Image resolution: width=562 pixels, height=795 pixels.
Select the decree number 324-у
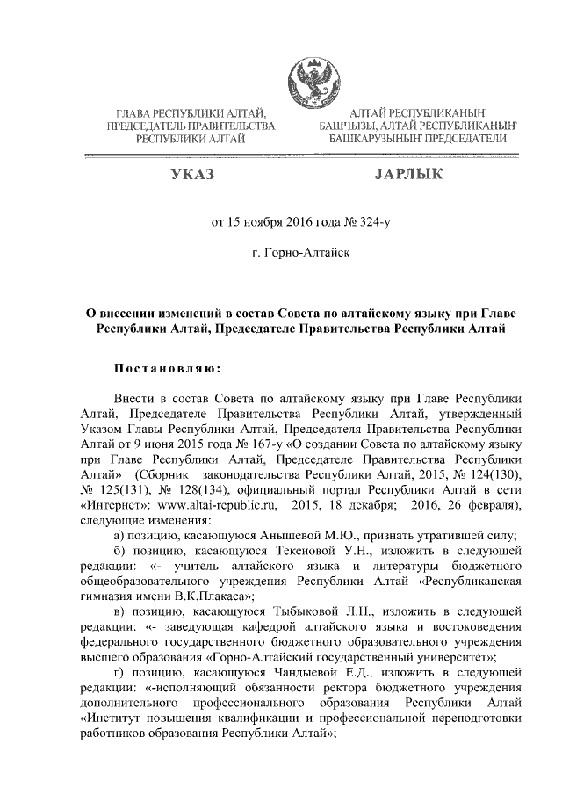tap(371, 222)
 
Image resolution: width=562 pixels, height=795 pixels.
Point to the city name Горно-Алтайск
tap(304, 254)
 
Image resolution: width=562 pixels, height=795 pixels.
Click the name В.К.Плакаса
tap(200, 596)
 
